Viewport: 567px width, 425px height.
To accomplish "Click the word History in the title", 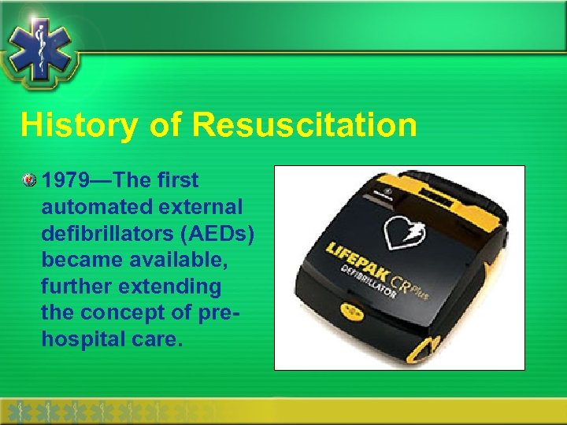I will click(x=70, y=125).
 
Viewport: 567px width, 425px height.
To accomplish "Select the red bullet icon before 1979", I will click(x=30, y=180).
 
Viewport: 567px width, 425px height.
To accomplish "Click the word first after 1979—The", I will click(x=177, y=180).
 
